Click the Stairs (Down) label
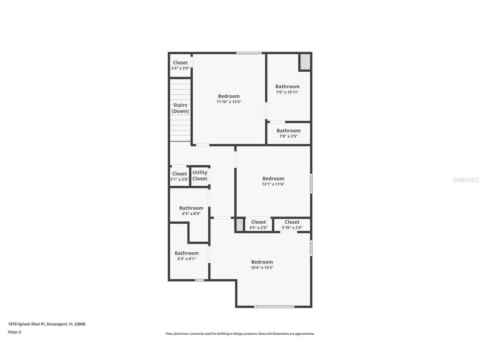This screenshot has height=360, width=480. (180, 108)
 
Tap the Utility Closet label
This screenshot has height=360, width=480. (200, 175)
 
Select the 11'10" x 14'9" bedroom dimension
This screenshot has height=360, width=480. (229, 102)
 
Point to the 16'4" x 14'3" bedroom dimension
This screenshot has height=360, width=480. (262, 267)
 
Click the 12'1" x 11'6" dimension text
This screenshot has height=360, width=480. (273, 184)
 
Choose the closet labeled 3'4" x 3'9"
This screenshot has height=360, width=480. (180, 65)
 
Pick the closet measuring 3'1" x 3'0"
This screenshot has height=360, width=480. (179, 176)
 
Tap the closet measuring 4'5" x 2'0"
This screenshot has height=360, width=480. (258, 225)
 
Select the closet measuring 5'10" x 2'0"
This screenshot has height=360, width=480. (292, 225)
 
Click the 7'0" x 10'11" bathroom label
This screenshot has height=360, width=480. (287, 89)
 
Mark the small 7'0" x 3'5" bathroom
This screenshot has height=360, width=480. (289, 133)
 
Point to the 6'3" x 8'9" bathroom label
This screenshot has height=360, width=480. (191, 211)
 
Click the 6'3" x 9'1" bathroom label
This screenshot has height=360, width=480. (186, 256)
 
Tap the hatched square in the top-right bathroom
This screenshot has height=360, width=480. (305, 62)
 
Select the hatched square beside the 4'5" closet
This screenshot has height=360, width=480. (240, 225)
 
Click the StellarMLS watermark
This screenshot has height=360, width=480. (466, 180)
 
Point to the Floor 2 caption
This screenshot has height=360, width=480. (14, 332)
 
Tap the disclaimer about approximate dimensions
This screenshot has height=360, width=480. (240, 334)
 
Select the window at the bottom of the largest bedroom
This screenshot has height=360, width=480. (274, 307)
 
